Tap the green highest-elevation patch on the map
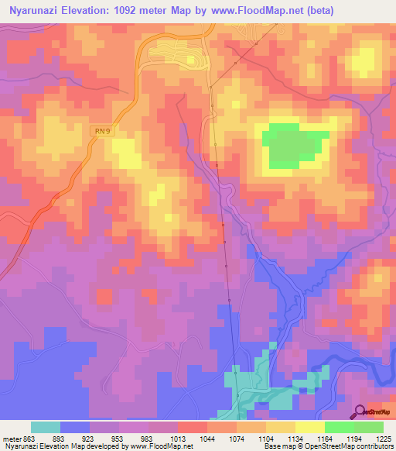[x=293, y=145]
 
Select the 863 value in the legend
[x=27, y=437]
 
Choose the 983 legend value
[x=146, y=437]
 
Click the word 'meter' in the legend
[x=9, y=437]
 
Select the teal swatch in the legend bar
[x=46, y=427]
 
